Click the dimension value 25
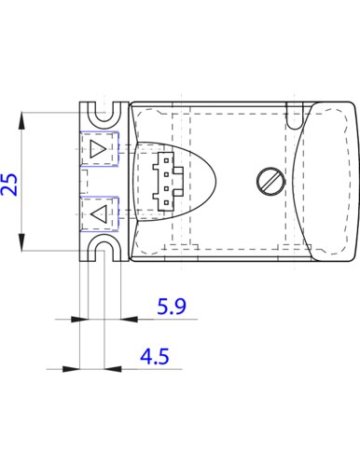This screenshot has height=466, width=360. click(x=9, y=185)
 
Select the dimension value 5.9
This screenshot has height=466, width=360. click(x=172, y=306)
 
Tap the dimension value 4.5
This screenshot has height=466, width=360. click(x=155, y=356)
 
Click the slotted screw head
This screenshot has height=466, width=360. click(x=270, y=182)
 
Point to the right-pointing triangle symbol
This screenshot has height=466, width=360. click(x=98, y=149)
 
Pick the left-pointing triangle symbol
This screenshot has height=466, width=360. click(x=99, y=214)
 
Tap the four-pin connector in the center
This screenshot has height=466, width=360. click(x=166, y=182)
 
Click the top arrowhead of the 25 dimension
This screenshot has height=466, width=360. click(x=21, y=120)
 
